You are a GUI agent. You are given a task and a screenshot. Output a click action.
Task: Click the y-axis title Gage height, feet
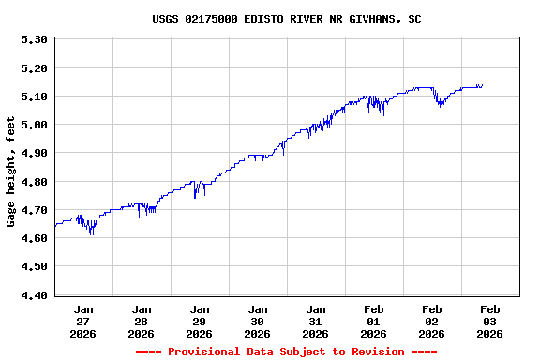(x=11, y=172)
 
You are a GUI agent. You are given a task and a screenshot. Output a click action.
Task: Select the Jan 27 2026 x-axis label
(x=83, y=321)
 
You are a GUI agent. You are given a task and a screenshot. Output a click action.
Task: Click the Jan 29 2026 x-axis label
(x=200, y=321)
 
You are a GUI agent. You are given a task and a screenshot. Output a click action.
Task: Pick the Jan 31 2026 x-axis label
(x=316, y=321)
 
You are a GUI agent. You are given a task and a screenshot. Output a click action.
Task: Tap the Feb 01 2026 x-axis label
(x=373, y=321)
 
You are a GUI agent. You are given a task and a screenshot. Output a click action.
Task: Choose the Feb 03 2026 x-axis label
(x=489, y=321)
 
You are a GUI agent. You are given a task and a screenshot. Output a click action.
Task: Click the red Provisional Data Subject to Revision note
(x=286, y=352)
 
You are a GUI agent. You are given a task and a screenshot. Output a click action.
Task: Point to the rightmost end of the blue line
(x=482, y=85)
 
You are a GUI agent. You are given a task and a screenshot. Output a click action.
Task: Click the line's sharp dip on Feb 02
(x=440, y=106)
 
